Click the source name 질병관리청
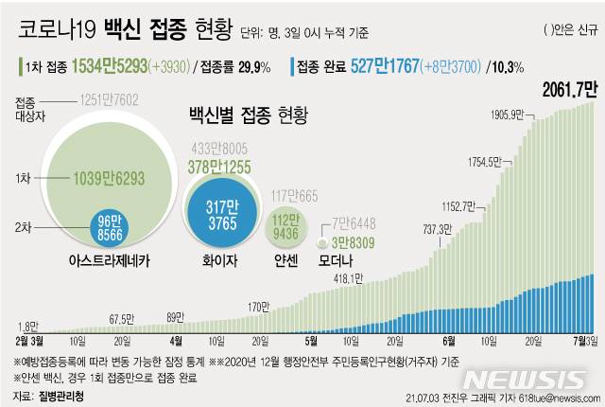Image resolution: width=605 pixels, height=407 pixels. coord(59,395)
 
